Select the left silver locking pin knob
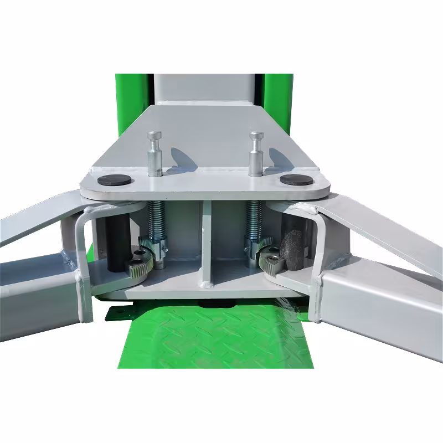154,137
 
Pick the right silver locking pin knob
256,137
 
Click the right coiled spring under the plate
254,218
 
